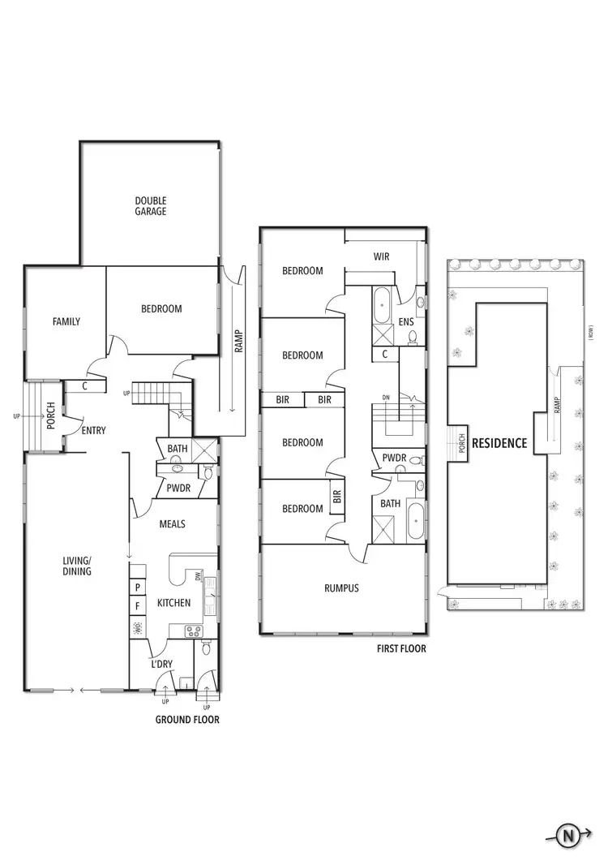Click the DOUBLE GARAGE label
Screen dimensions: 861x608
tap(151, 205)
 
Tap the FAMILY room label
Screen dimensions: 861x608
tap(66, 321)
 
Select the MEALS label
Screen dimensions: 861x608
tap(172, 524)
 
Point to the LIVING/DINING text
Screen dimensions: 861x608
tap(78, 566)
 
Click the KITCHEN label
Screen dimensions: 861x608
tap(173, 603)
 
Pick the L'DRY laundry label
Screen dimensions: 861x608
tap(162, 665)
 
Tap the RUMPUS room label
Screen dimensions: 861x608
tap(342, 588)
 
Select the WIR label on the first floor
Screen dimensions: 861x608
tap(381, 256)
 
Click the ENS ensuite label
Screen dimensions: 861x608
tap(406, 322)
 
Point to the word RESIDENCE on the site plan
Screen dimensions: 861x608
tap(499, 443)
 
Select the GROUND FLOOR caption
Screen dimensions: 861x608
tap(186, 720)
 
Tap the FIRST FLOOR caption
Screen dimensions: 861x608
tap(400, 649)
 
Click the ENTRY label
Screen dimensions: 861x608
tap(93, 430)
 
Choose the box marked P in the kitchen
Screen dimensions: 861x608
tap(138, 586)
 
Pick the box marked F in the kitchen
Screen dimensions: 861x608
tap(138, 605)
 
